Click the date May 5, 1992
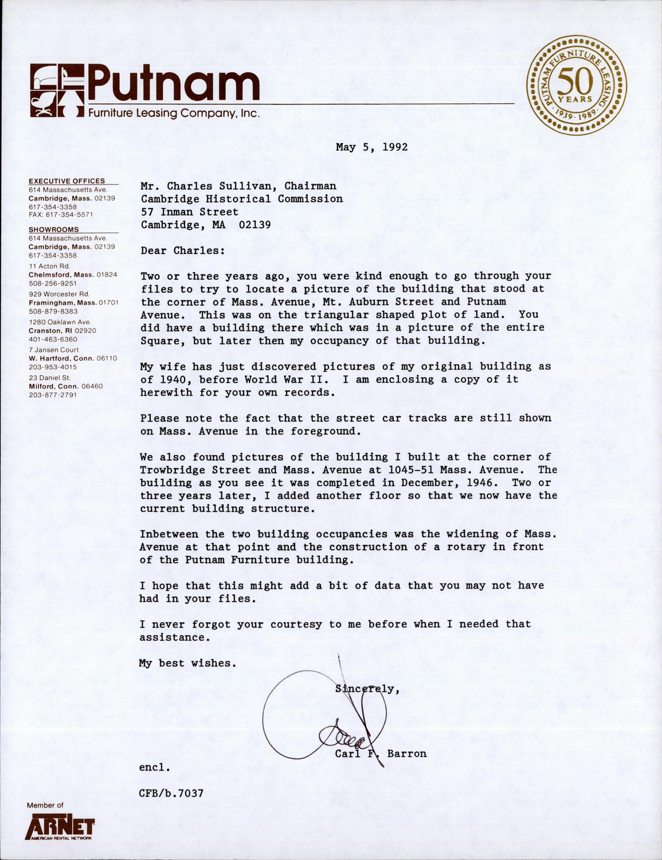[371, 147]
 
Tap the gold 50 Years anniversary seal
[577, 84]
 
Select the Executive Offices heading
[67, 181]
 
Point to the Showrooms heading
[54, 229]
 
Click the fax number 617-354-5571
[61, 214]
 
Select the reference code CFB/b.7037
[171, 793]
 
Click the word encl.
[155, 767]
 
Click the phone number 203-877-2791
[53, 394]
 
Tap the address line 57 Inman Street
[190, 212]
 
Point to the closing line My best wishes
[187, 663]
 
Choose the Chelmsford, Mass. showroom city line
[73, 275]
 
